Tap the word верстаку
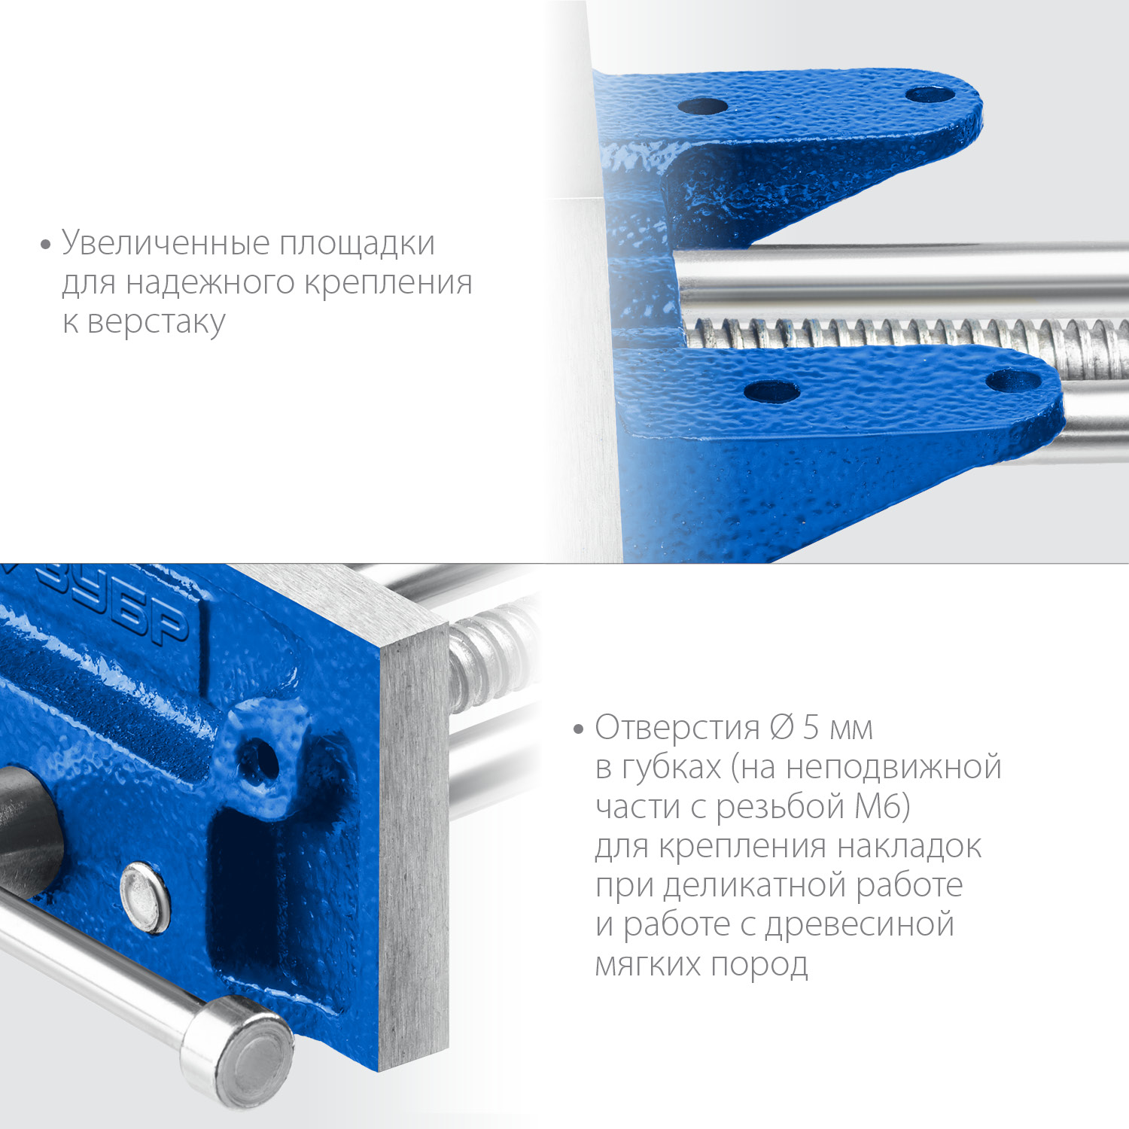pyautogui.click(x=156, y=322)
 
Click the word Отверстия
pyautogui.click(x=677, y=728)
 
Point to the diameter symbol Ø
pyautogui.click(x=782, y=727)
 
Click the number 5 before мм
pyautogui.click(x=811, y=727)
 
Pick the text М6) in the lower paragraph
pyautogui.click(x=882, y=807)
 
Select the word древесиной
pyautogui.click(x=860, y=925)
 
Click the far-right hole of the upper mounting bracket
pyautogui.click(x=930, y=95)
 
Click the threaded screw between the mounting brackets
pyautogui.click(x=866, y=332)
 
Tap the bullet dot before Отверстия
pyautogui.click(x=578, y=729)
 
